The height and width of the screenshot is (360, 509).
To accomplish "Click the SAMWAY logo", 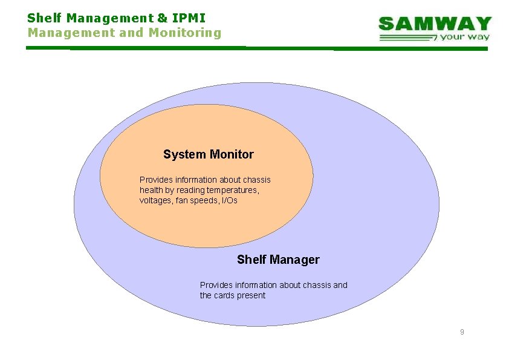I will (x=435, y=24).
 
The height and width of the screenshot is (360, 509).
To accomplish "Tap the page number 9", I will (x=462, y=332).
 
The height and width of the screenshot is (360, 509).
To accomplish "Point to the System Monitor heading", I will (x=208, y=154).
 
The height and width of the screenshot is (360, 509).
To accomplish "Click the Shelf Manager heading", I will (x=278, y=260).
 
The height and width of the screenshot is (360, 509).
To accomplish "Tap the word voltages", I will (x=155, y=200).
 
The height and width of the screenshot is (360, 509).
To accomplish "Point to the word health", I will (x=151, y=190).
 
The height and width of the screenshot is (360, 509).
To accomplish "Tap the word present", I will (x=252, y=295).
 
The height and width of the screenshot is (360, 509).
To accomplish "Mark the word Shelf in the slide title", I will (x=42, y=18).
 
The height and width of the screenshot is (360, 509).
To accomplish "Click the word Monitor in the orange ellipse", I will (x=232, y=154).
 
